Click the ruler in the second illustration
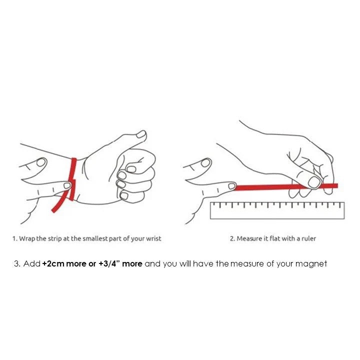click(277, 210)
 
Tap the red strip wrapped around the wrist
click(73, 179)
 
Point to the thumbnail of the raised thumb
click(141, 134)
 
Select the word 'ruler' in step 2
click(309, 238)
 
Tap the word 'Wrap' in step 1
click(27, 239)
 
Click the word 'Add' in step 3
click(32, 263)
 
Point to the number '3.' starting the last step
click(17, 263)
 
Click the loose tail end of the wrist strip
click(53, 210)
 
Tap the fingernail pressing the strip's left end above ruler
click(231, 185)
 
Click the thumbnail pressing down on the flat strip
click(313, 182)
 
